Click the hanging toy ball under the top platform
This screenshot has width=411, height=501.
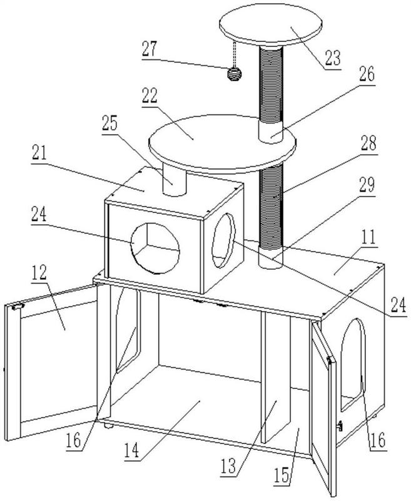click(234, 74)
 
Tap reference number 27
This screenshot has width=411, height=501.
click(150, 49)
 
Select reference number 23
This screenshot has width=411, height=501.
click(333, 58)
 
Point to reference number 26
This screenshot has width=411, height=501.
click(367, 75)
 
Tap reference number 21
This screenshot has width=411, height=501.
click(39, 153)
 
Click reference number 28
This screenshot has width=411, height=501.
click(368, 143)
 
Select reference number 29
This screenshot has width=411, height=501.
click(367, 185)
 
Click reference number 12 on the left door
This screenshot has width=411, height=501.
click(39, 272)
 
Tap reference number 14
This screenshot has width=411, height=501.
click(132, 450)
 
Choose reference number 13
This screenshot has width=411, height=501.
click(228, 466)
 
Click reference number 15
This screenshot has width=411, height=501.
click(282, 475)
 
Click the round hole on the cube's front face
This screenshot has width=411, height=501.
click(155, 248)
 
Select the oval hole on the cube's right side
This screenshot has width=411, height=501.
click(224, 240)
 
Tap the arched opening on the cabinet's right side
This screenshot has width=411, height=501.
click(352, 364)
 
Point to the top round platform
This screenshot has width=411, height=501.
click(271, 24)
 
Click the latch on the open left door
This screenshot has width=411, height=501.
click(18, 306)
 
